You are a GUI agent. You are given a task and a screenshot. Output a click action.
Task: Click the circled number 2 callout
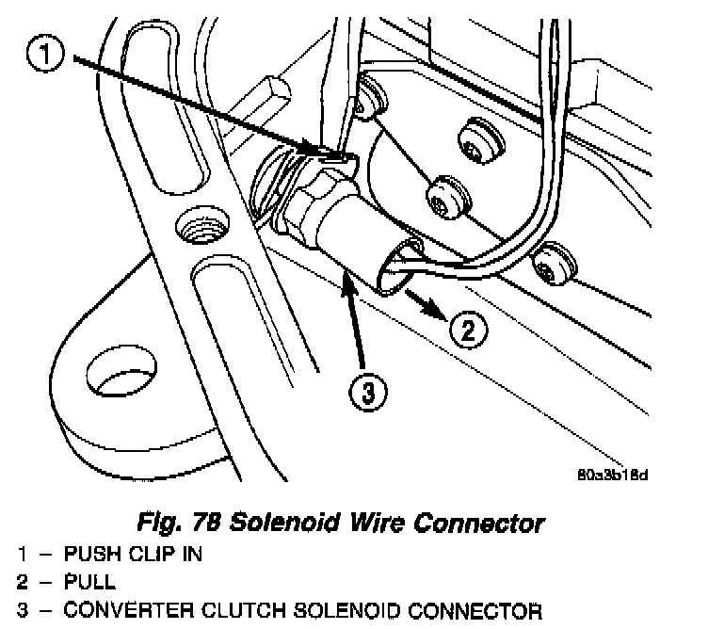[467, 329]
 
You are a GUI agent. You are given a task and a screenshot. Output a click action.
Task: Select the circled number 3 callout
[367, 389]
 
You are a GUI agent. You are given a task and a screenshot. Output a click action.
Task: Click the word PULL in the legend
[89, 581]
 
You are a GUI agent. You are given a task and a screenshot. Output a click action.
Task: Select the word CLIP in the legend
[144, 554]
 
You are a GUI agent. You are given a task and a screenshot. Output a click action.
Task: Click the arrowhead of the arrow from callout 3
[346, 280]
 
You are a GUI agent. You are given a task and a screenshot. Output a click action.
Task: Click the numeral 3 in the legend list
[22, 609]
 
